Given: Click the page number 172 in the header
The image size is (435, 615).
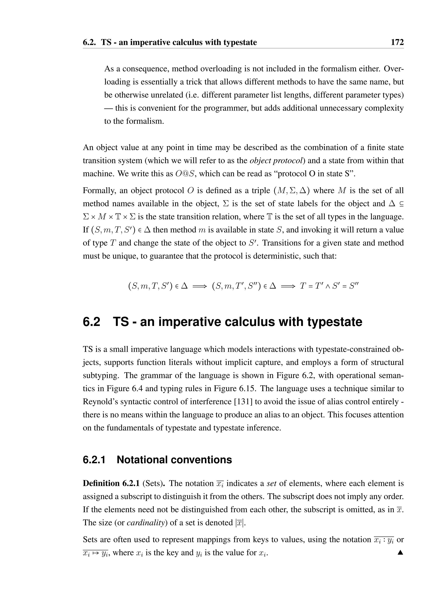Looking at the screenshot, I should pos(397,42).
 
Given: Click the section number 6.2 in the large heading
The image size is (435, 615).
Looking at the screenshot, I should pos(91,322).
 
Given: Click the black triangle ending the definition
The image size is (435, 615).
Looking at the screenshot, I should pos(400,552).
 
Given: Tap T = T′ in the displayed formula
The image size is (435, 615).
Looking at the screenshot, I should pos(310,286).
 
